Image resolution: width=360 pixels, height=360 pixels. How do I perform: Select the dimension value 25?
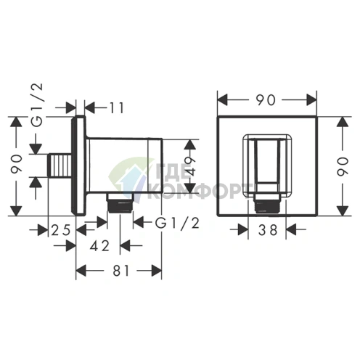(x=61, y=229)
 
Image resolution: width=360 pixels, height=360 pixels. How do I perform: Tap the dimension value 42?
(x=100, y=246)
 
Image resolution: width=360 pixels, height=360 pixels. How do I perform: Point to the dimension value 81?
(x=121, y=271)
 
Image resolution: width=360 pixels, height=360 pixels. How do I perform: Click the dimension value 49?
(x=191, y=165)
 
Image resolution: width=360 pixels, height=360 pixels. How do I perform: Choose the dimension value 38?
(x=268, y=229)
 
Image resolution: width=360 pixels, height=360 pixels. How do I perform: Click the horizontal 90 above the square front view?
(x=266, y=100)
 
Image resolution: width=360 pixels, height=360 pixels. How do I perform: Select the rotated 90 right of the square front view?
(x=343, y=166)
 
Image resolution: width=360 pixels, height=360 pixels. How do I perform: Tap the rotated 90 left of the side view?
(x=17, y=164)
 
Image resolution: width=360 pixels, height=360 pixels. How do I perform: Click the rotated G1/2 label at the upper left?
(x=38, y=105)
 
